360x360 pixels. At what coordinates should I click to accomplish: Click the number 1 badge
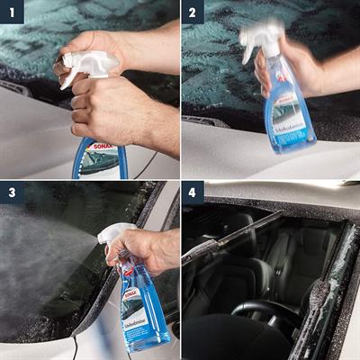click(x=11, y=12)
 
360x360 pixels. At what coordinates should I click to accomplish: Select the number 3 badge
click(x=11, y=193)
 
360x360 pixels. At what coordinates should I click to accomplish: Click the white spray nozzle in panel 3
click(x=113, y=236)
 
